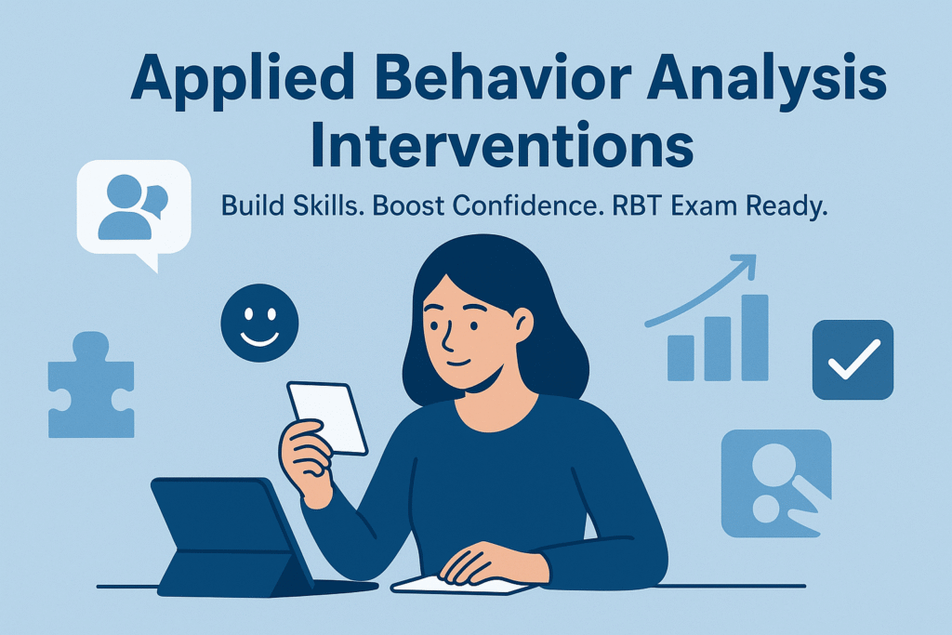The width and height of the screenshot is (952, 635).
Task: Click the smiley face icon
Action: pos(260,323)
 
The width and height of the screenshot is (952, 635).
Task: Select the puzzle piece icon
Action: pos(91,385)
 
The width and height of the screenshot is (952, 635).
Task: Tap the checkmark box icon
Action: pos(853,360)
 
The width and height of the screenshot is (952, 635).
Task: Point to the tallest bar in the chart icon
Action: pos(755,337)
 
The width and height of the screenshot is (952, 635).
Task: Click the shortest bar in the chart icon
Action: pos(681,358)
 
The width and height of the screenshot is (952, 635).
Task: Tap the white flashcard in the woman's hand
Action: pos(327,417)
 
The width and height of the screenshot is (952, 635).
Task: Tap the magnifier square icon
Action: pos(776,483)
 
